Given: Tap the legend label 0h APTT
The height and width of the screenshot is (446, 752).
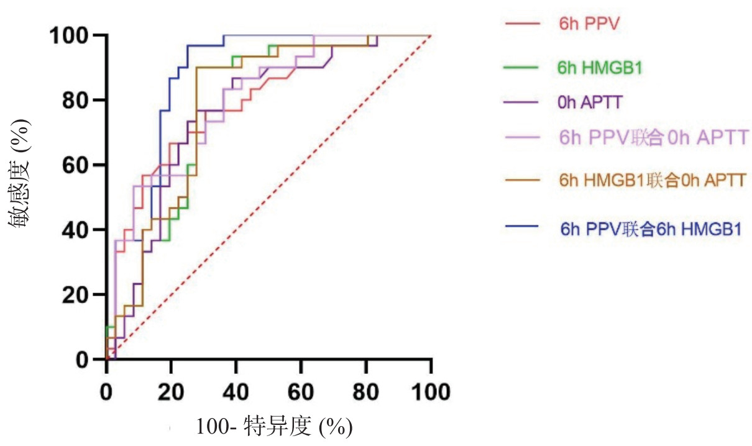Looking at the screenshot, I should [590, 102].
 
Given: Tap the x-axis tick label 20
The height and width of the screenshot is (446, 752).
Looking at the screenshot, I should [171, 392].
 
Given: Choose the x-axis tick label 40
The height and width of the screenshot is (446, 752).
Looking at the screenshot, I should [236, 392].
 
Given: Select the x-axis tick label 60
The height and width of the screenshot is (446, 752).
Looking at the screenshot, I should [301, 392].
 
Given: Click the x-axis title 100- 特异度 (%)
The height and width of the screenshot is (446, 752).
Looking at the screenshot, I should [275, 427].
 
